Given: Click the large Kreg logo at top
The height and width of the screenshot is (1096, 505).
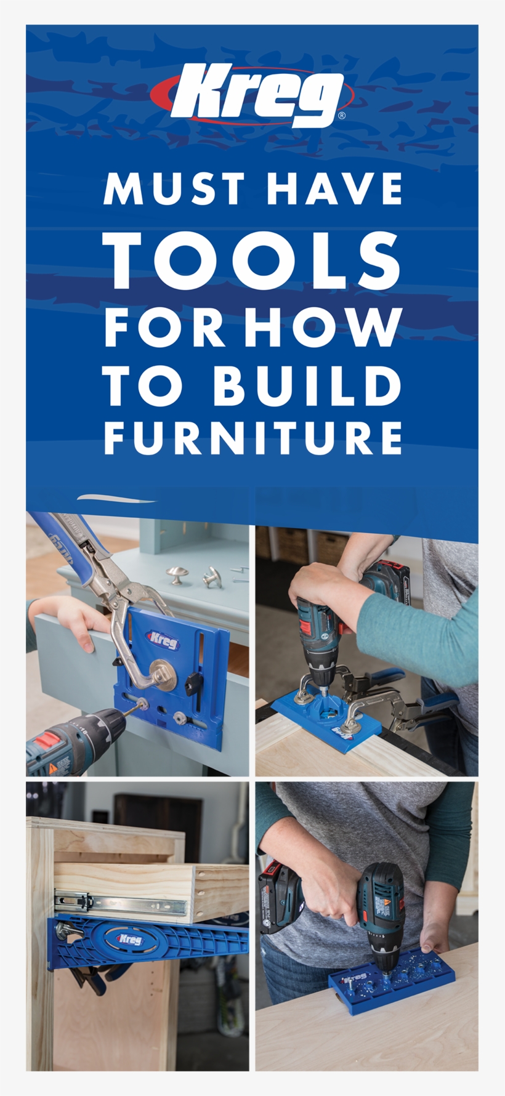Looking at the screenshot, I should point(252,95).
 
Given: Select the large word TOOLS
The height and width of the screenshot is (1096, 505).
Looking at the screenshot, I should point(252,260).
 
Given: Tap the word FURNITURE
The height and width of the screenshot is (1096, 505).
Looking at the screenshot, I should point(252,438).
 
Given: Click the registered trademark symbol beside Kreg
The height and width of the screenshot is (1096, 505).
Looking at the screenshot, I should point(342,115).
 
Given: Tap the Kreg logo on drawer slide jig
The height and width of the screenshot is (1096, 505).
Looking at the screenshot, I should point(130,940).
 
